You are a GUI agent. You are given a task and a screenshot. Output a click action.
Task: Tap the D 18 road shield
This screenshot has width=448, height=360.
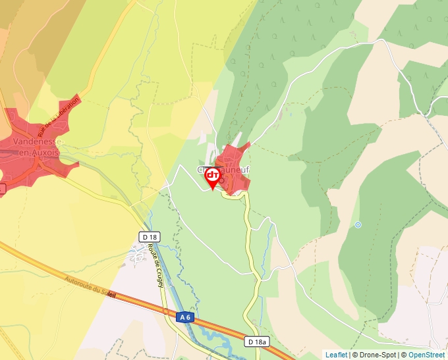coord(150,237)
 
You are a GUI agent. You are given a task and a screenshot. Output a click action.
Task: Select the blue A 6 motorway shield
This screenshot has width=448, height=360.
coord(186,317)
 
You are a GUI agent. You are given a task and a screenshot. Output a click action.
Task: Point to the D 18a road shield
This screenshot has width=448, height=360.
coord(258,342)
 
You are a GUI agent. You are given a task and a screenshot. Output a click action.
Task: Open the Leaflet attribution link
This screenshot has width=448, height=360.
coord(336,355)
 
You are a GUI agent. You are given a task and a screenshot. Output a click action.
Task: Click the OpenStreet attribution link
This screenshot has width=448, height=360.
coord(428,355)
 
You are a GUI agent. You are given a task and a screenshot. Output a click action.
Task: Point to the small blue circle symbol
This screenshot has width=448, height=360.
coord(358,225)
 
